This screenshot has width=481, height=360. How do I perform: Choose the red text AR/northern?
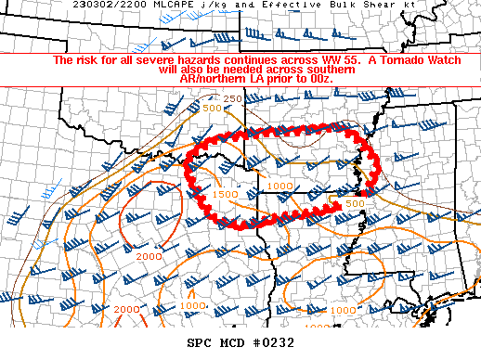coord(212,80)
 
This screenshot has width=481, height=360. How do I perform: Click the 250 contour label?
coord(233,99)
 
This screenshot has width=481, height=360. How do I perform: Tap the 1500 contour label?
coord(224,194)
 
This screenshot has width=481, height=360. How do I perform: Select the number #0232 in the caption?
coord(272,343)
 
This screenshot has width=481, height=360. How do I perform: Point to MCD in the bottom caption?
coord(232,343)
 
